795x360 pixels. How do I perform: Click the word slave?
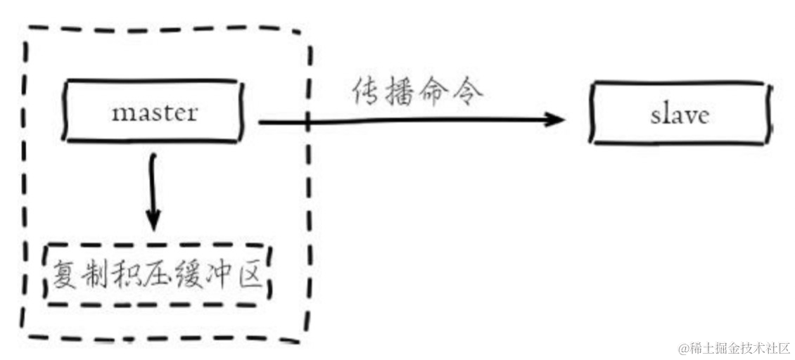[x=679, y=115]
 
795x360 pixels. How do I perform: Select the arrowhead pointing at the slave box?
[x=556, y=120]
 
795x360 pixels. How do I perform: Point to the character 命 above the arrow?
[x=435, y=92]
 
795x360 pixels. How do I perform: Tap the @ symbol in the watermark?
[x=682, y=348]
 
